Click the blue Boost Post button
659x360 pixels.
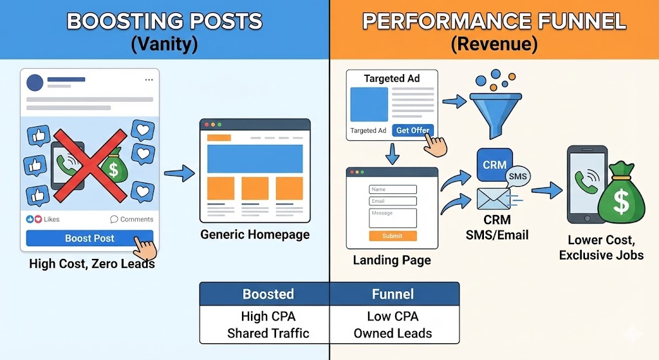coord(89,238)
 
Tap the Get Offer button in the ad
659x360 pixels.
coord(413,130)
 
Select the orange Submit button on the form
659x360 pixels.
coord(392,236)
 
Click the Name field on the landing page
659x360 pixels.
coord(393,189)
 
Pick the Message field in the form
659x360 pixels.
coord(393,217)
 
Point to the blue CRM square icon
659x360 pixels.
coord(494,165)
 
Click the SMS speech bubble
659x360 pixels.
coord(517,176)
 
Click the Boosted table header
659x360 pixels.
coord(268,294)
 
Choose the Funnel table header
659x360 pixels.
coord(393,294)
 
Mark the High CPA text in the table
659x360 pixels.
coord(268,316)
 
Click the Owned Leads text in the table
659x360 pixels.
coord(393,333)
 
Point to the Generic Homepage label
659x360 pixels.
coord(255,234)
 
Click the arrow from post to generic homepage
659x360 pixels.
coord(180,173)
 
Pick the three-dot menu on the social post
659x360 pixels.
coord(149,80)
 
